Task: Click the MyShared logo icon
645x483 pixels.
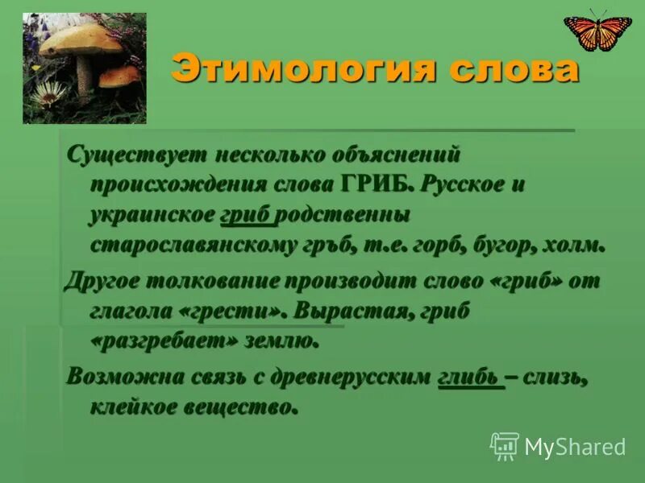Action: coord(505,444)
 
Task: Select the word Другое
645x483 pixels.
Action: coord(106,281)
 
